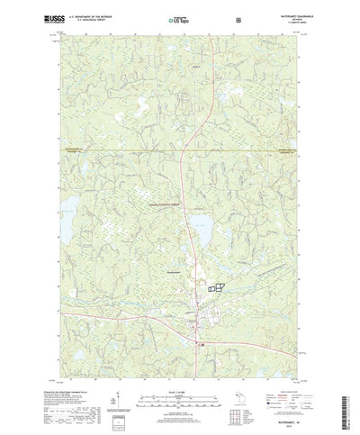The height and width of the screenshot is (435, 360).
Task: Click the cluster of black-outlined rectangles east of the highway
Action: click(x=215, y=286)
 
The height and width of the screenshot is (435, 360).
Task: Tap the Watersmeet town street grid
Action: click(x=197, y=315)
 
